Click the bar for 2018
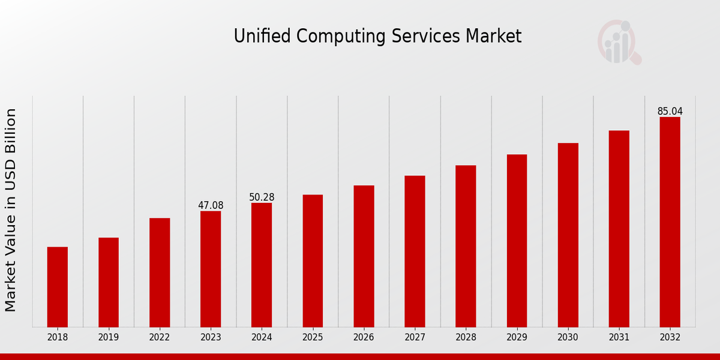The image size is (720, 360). pyautogui.click(x=58, y=287)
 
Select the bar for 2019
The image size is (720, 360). pyautogui.click(x=109, y=282)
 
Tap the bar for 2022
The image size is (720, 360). pyautogui.click(x=160, y=272)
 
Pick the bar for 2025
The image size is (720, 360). pyautogui.click(x=313, y=260)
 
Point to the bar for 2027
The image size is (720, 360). pyautogui.click(x=415, y=251)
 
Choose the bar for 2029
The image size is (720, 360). pyautogui.click(x=517, y=241)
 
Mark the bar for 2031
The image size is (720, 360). pyautogui.click(x=619, y=229)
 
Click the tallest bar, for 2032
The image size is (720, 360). pyautogui.click(x=670, y=222)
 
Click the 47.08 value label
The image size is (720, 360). pyautogui.click(x=211, y=206)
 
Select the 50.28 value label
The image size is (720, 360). pyautogui.click(x=262, y=197)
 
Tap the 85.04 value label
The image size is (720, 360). pyautogui.click(x=670, y=112)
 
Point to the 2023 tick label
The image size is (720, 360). pyautogui.click(x=211, y=338)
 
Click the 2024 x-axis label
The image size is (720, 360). pyautogui.click(x=262, y=338)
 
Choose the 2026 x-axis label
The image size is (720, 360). pyautogui.click(x=364, y=338)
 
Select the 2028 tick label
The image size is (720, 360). pyautogui.click(x=466, y=338)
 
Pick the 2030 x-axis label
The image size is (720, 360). pyautogui.click(x=568, y=338)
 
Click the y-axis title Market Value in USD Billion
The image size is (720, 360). pyautogui.click(x=11, y=210)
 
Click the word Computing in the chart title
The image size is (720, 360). pyautogui.click(x=350, y=37)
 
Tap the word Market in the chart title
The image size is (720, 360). pyautogui.click(x=494, y=37)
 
